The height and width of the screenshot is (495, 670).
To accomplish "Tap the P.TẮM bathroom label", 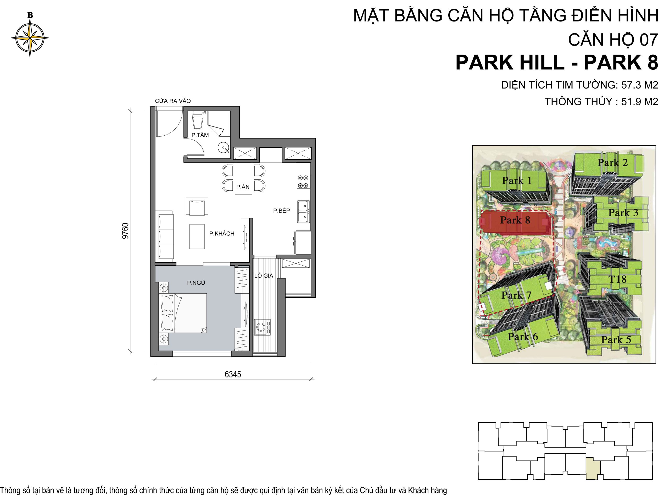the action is click(200, 135).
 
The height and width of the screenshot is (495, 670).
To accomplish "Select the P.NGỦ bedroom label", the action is click(196, 283).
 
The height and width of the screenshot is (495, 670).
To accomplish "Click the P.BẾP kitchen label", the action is click(281, 211).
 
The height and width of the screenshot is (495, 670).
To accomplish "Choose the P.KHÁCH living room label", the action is click(222, 234).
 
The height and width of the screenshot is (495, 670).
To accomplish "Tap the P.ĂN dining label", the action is click(243, 187).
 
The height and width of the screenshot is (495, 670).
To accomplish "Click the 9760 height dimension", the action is click(126, 231).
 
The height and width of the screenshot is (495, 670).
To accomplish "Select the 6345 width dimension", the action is click(233, 375).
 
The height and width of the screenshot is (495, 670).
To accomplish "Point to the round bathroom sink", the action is click(224, 148).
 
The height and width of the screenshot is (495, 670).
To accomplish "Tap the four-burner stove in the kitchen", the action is click(303, 182).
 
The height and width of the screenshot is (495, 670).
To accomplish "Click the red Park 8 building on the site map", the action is click(515, 222).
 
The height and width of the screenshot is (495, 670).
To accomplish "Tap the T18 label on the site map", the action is click(618, 279).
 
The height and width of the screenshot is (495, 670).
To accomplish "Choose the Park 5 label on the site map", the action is click(616, 340).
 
